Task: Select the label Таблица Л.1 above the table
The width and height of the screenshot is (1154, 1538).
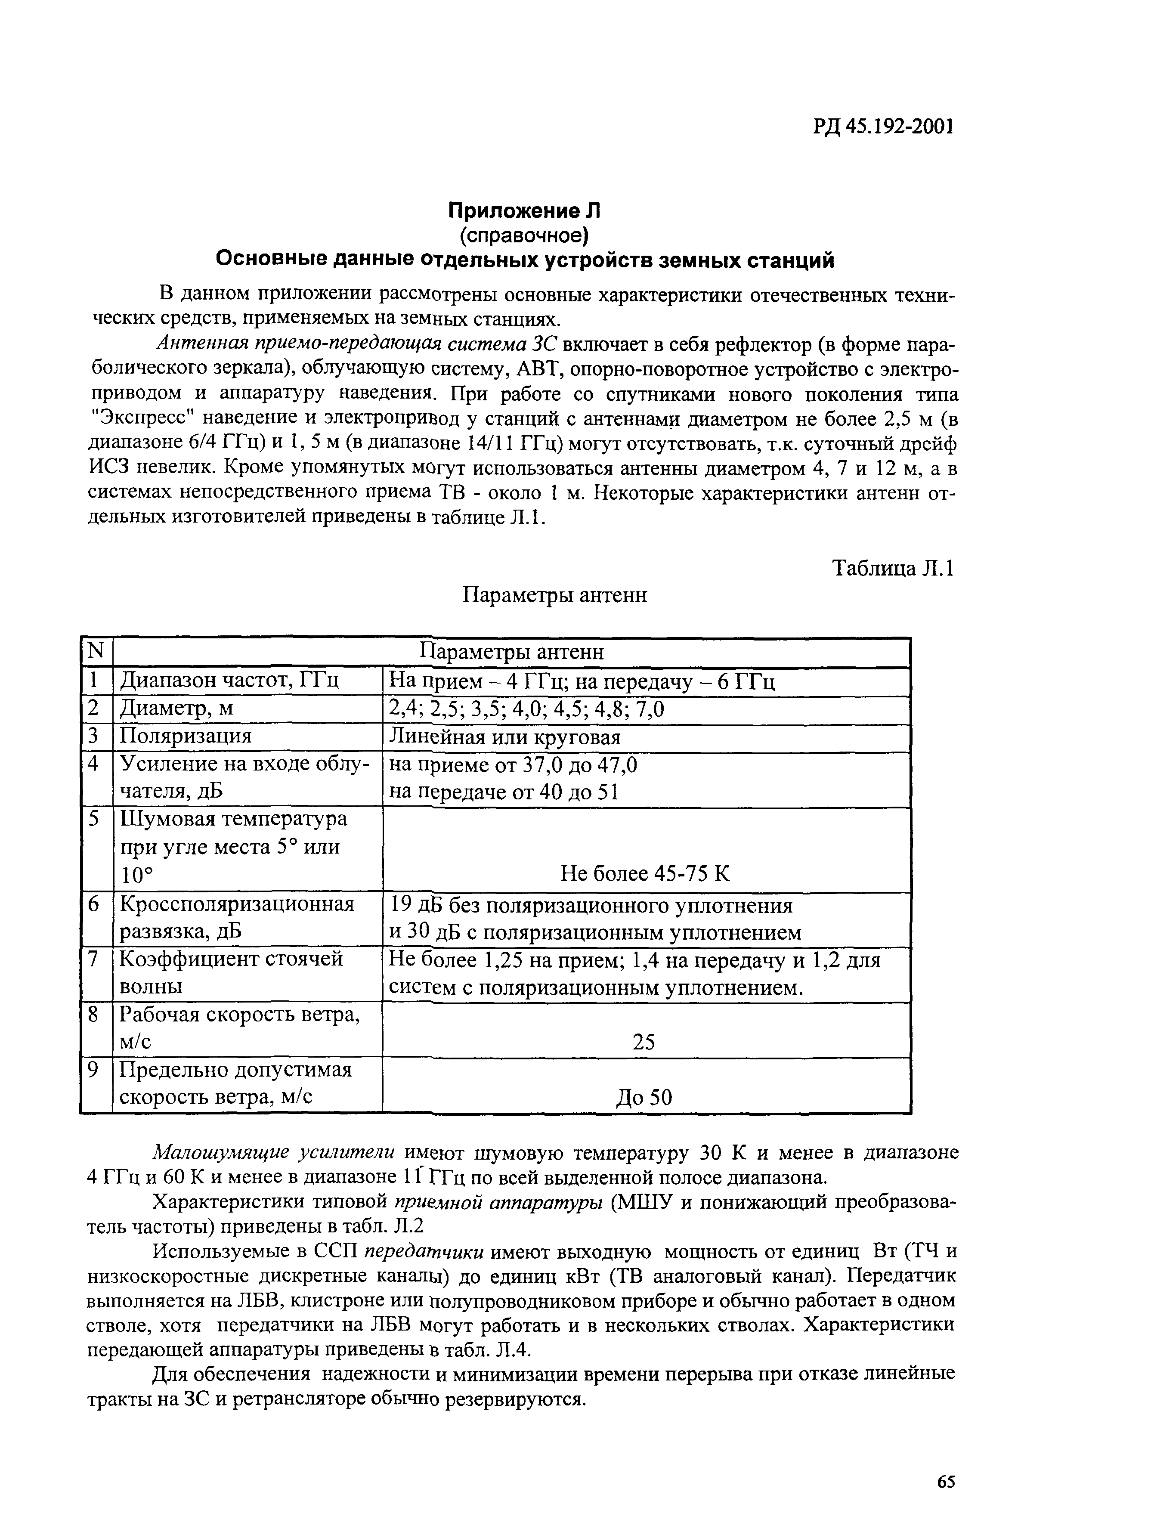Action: tap(893, 568)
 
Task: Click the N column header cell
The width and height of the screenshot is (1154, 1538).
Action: tap(96, 652)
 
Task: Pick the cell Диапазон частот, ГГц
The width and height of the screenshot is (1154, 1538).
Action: tap(229, 680)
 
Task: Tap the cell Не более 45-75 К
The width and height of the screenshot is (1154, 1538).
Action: tap(644, 873)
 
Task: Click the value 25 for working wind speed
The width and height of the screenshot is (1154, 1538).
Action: tap(644, 1041)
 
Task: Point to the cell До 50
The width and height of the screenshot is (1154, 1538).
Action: tap(644, 1097)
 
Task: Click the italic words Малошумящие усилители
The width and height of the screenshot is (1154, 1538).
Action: tap(274, 1153)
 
